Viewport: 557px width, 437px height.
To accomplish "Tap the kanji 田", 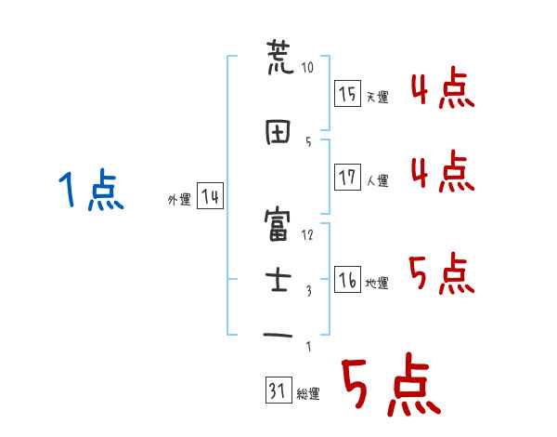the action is tap(278, 131).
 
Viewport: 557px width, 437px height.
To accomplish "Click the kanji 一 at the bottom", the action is tap(278, 333).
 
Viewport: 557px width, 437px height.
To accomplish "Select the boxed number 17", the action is tap(348, 178).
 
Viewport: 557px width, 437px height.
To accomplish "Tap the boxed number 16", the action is tap(348, 280).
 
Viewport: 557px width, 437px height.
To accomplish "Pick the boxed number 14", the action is tap(210, 196).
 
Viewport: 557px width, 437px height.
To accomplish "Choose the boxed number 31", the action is tap(278, 391).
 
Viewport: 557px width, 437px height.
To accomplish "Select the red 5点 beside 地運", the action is tap(441, 275).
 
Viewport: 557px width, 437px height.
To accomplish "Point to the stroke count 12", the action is tap(308, 234).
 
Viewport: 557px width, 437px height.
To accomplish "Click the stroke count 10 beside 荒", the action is tap(308, 67).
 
